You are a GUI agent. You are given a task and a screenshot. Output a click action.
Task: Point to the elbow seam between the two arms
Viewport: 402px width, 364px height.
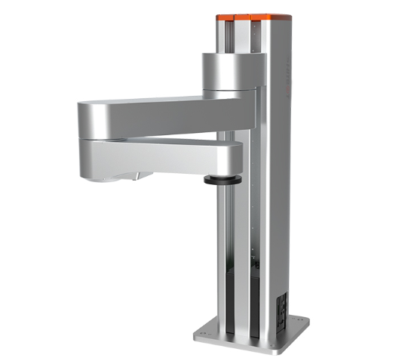pyautogui.click(x=151, y=138)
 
